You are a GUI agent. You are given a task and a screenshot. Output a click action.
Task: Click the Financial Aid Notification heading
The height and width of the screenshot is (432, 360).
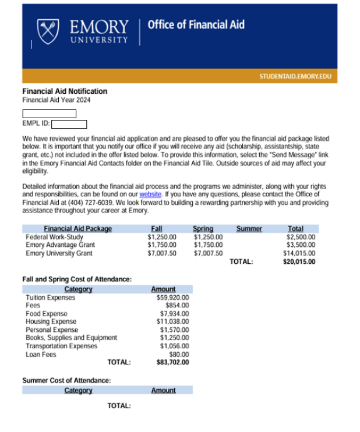point(65,91)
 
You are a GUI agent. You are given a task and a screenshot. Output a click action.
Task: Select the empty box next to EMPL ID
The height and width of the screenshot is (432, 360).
point(69,124)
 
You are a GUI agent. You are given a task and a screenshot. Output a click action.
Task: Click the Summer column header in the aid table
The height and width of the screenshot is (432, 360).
point(249,229)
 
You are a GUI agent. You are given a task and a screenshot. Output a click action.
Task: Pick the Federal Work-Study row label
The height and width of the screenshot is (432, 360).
point(54,237)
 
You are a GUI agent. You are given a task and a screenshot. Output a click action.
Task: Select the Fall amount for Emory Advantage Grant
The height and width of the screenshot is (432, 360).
point(161,245)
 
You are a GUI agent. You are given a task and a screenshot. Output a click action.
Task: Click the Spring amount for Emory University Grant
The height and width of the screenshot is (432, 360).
point(208,253)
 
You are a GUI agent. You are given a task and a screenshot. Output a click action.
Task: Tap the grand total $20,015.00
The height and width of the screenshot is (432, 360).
point(299,262)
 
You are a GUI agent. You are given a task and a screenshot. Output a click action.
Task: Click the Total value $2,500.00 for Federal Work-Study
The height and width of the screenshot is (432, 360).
point(301,237)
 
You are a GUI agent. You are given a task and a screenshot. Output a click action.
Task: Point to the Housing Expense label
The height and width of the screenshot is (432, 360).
point(51,321)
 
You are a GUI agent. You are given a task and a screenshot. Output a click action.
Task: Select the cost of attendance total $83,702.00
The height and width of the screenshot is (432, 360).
point(172,362)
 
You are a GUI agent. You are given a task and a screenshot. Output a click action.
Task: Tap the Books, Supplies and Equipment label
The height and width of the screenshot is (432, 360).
point(71,338)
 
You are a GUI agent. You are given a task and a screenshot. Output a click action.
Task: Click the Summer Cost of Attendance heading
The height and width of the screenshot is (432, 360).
point(66,381)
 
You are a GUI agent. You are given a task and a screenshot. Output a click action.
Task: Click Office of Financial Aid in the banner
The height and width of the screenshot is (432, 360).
point(196,24)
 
